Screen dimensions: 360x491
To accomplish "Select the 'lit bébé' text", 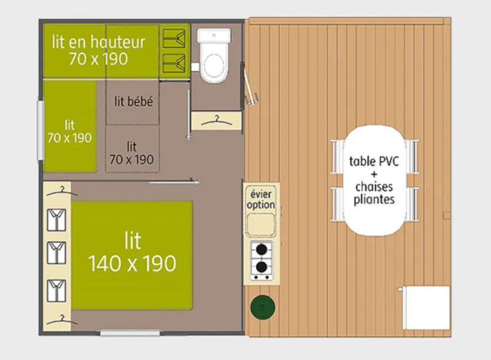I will (x=134, y=102).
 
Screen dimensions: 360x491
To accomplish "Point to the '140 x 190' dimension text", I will (x=132, y=264).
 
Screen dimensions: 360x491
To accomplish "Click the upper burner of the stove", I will (x=262, y=250).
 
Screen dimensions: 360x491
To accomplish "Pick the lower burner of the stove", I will (x=262, y=267).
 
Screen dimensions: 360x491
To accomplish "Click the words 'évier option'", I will (x=262, y=199).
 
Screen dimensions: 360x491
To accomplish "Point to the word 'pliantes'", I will (x=374, y=199).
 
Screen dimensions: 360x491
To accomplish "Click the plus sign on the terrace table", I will (x=374, y=174).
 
